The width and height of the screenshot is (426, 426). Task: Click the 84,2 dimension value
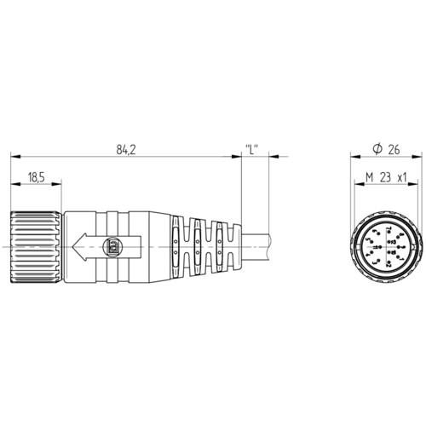point(126,150)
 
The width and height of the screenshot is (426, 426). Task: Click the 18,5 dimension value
point(37,177)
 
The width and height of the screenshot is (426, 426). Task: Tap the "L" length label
point(251,149)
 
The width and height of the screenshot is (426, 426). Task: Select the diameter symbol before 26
point(377,149)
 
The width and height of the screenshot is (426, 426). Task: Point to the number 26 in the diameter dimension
point(394,150)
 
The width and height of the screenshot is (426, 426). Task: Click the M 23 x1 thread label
point(386,177)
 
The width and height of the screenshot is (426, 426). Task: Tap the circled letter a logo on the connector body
point(113,246)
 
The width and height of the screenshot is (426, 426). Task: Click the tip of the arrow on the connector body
point(72,247)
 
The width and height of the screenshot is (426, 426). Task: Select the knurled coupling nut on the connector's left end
point(36,247)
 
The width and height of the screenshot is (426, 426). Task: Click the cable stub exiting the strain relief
point(256,247)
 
